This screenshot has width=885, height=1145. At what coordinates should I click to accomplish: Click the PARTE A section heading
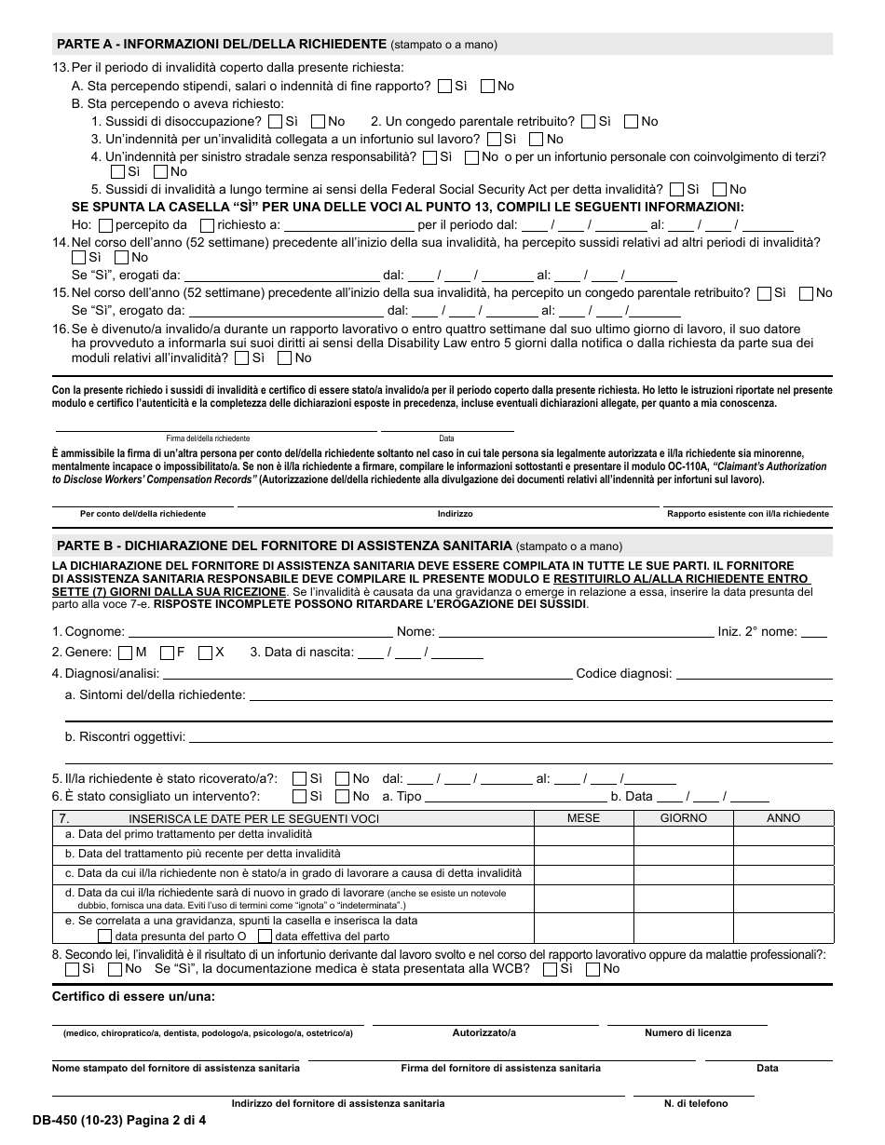(x=222, y=44)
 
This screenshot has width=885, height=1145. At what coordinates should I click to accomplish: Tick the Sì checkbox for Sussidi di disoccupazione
(x=275, y=121)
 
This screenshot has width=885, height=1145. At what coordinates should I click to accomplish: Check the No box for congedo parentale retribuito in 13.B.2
(x=631, y=121)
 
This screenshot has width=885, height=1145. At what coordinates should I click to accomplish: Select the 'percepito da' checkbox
(x=105, y=224)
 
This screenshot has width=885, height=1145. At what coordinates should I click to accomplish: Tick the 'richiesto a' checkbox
(x=206, y=224)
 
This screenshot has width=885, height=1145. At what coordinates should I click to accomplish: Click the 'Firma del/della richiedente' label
(x=208, y=438)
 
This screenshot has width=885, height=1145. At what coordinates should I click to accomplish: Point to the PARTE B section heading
(x=284, y=546)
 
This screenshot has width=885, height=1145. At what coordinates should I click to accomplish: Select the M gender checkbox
(x=125, y=653)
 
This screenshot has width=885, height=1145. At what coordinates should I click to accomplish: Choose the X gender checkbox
(x=205, y=653)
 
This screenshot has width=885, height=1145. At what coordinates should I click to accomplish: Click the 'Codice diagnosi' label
(x=623, y=673)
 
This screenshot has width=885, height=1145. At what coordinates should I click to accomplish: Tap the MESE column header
(x=583, y=818)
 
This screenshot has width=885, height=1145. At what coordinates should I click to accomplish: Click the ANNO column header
(x=783, y=818)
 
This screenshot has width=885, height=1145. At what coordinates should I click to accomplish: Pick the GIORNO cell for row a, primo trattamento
(x=683, y=835)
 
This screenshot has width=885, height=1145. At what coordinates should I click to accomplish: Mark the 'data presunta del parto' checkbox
(x=104, y=936)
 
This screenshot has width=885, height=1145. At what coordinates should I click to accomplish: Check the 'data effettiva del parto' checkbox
(x=265, y=936)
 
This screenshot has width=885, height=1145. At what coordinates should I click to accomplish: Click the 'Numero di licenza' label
(x=688, y=1032)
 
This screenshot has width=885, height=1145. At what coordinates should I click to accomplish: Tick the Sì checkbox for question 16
(x=242, y=357)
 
